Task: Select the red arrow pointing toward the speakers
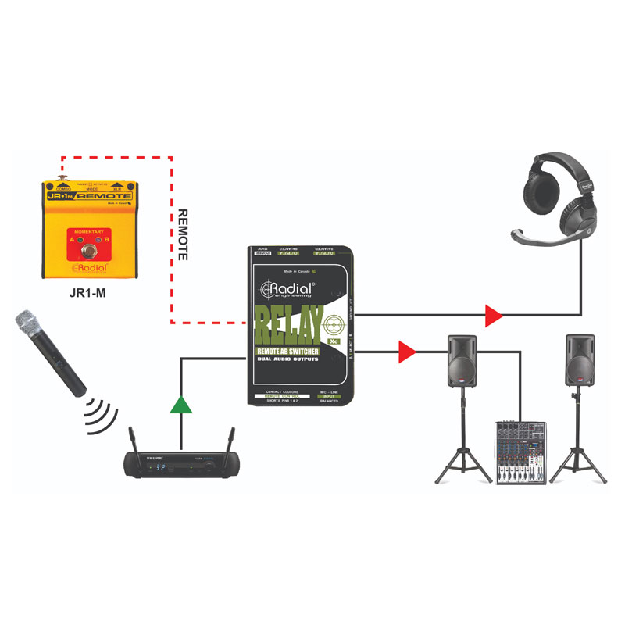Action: tap(405, 352)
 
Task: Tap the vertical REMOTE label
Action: tap(184, 234)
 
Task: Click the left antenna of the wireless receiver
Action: tap(130, 439)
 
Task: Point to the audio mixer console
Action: tap(520, 452)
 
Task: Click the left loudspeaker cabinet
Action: tap(462, 360)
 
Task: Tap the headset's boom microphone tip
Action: tap(516, 234)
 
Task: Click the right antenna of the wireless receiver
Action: tap(231, 439)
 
